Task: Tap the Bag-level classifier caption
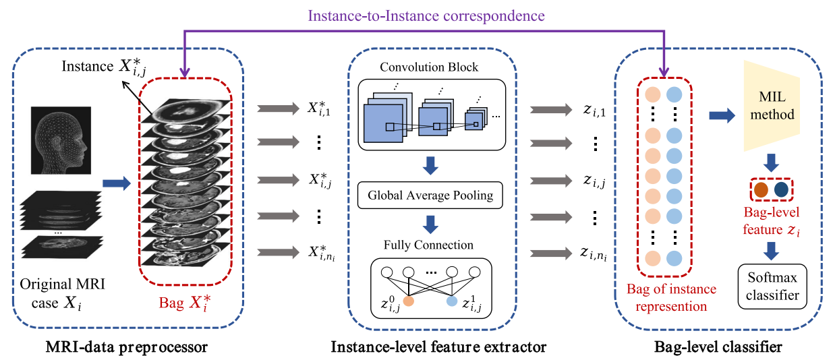[718, 347]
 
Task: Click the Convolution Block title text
[429, 67]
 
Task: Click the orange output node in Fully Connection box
[407, 303]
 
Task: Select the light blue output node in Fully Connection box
[452, 303]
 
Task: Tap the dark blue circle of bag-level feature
[780, 189]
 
